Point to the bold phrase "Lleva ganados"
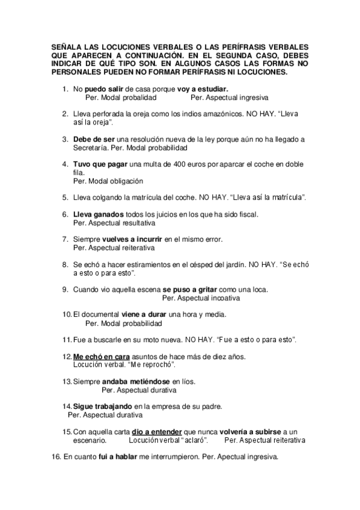click(x=99, y=214)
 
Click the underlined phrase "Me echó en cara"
click(x=101, y=357)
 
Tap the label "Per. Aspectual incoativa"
click(x=201, y=298)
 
